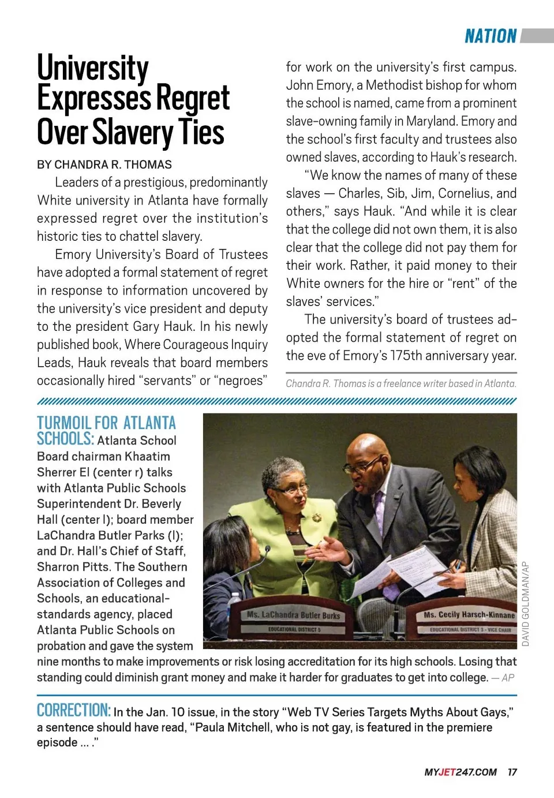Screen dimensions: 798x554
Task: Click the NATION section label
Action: click(491, 36)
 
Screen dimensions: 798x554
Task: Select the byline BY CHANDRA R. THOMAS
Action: click(104, 165)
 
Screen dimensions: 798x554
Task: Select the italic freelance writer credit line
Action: click(401, 383)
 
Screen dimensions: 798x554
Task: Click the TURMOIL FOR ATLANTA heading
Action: click(107, 423)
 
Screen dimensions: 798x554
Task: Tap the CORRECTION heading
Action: click(73, 710)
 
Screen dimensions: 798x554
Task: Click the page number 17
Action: click(512, 773)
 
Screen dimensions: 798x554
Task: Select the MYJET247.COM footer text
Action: click(461, 773)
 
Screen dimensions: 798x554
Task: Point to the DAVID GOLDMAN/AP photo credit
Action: click(525, 603)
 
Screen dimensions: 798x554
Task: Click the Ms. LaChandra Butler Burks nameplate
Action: click(294, 616)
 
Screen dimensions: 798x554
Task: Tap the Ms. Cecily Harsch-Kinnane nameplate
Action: click(469, 616)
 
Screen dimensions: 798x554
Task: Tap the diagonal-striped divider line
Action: click(277, 401)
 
